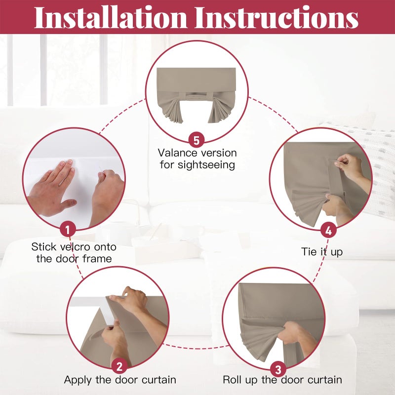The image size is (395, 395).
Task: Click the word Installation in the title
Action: tap(111, 17)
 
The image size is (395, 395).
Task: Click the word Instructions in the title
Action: tap(276, 17)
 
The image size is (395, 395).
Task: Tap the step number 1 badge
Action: tap(68, 229)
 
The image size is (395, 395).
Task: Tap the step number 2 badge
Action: tap(119, 366)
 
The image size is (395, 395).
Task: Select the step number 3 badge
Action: tap(278, 370)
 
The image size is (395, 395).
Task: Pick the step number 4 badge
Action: tap(328, 230)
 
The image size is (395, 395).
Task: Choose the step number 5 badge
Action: tap(197, 140)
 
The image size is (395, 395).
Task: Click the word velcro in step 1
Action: tap(75, 247)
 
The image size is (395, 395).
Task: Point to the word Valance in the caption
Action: tap(177, 153)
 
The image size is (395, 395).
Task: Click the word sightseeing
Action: tap(206, 165)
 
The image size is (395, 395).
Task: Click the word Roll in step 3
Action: tap(232, 380)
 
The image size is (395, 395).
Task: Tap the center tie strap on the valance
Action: tap(196, 96)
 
